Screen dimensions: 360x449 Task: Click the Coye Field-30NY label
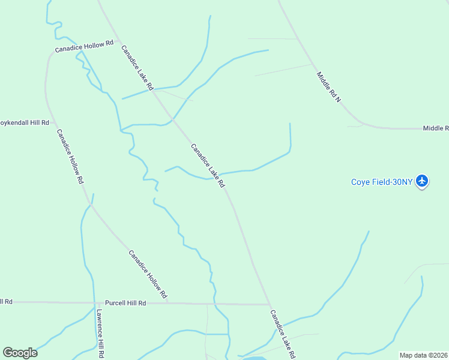[x=382, y=182]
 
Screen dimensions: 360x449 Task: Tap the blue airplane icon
[x=422, y=181]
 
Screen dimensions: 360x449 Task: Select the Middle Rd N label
[x=328, y=87]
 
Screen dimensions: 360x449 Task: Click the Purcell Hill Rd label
[x=125, y=304]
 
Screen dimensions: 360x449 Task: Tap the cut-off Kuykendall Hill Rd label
[x=25, y=122]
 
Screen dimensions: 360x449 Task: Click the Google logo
[x=20, y=353]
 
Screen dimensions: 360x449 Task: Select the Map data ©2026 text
[x=423, y=355]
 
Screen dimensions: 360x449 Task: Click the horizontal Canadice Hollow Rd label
[x=84, y=47]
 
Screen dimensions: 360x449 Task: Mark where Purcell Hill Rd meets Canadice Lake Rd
[x=268, y=304]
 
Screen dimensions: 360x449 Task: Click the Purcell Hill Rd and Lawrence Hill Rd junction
[x=95, y=303]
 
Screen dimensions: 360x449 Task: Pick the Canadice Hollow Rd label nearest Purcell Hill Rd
[x=148, y=274]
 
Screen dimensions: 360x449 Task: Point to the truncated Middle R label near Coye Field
[x=435, y=128]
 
